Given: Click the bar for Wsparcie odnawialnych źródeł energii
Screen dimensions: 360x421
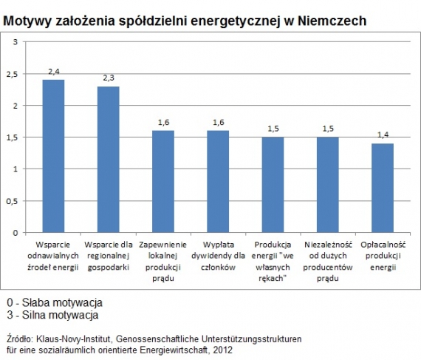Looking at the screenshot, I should [x=53, y=156].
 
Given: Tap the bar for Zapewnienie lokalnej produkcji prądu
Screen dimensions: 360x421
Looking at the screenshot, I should [x=162, y=181].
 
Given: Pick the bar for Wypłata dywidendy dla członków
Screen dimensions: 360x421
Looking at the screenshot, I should [x=218, y=181].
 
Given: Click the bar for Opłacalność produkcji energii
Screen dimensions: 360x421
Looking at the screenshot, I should [x=383, y=188].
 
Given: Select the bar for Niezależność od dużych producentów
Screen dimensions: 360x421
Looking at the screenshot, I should [x=327, y=185].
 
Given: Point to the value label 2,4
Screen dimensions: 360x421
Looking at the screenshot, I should [x=53, y=71].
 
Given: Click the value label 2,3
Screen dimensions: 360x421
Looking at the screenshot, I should [x=108, y=78].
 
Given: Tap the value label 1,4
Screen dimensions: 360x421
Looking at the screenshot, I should [x=383, y=135].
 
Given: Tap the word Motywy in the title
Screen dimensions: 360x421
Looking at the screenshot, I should [x=27, y=21].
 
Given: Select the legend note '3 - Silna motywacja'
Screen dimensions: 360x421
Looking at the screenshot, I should [x=52, y=316].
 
